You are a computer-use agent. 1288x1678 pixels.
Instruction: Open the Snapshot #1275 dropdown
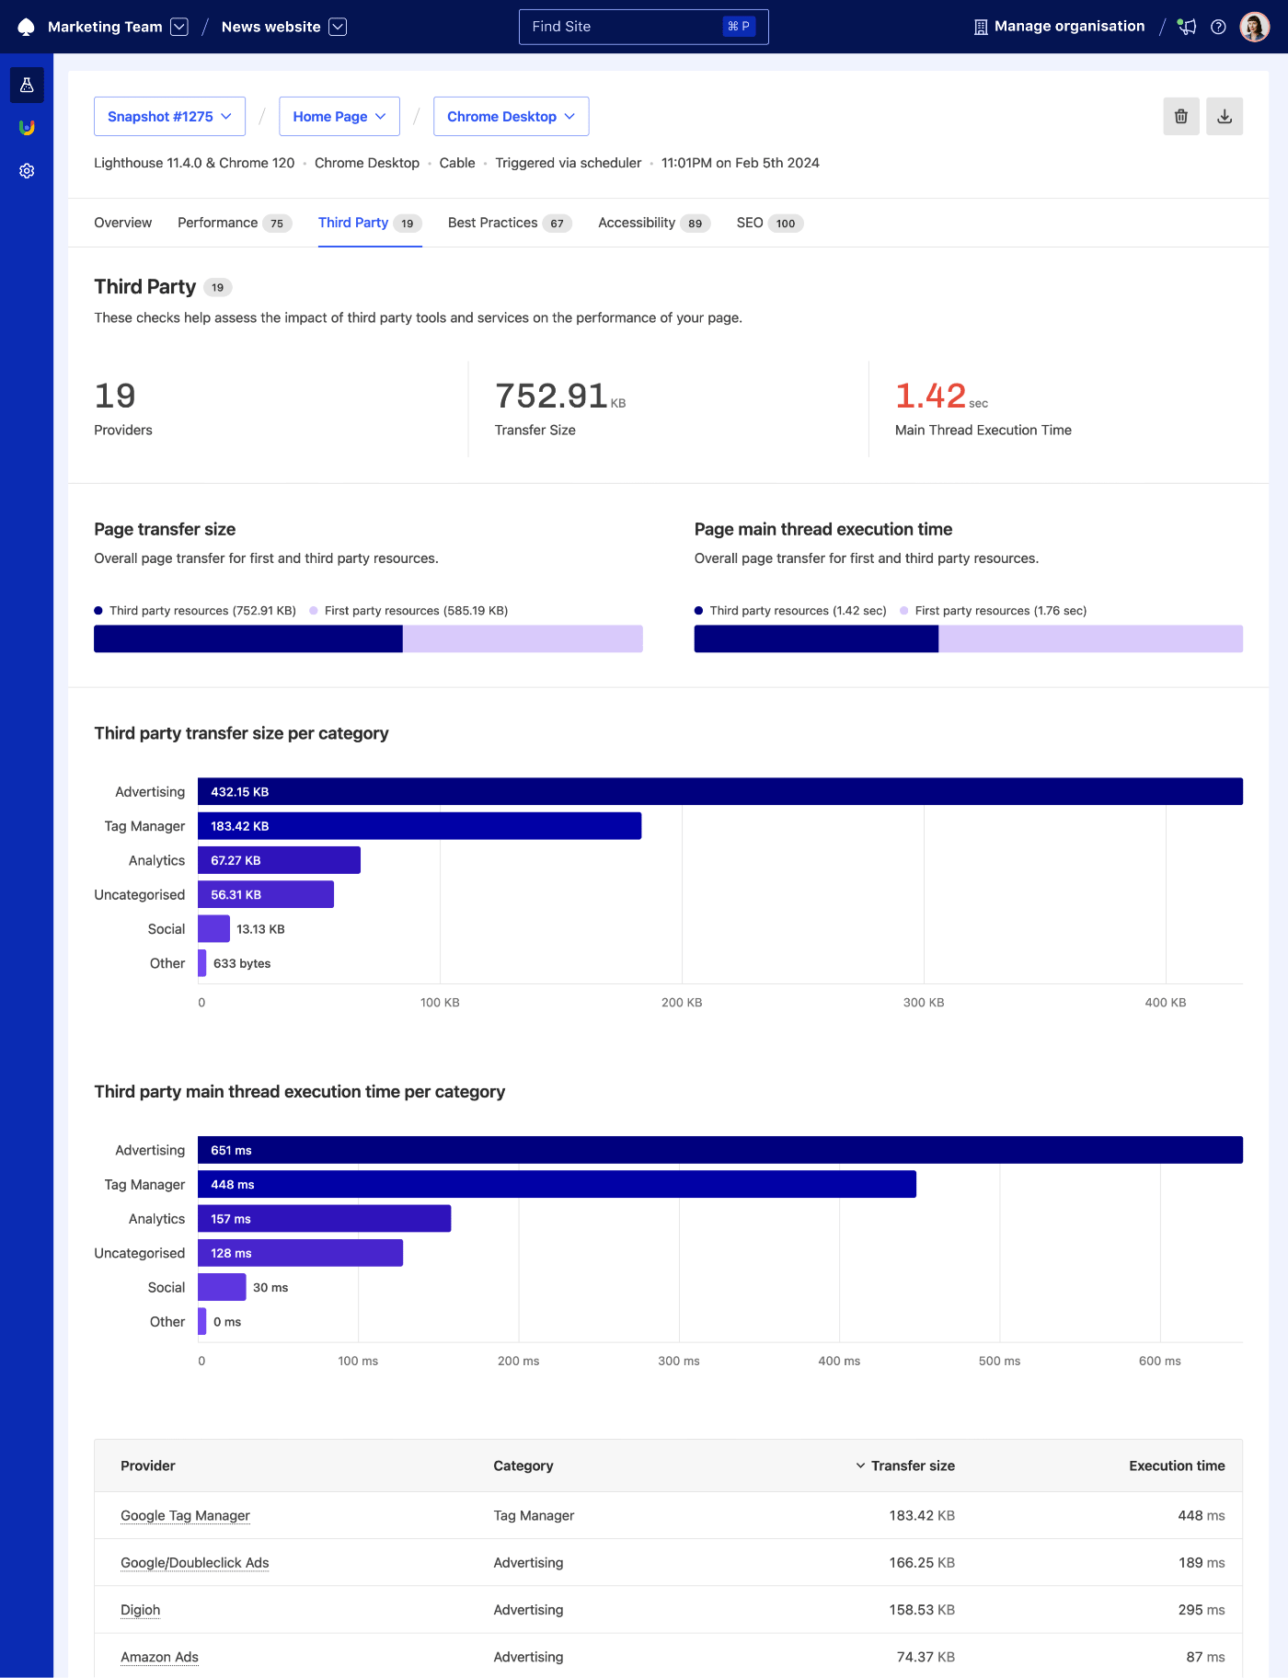click(x=169, y=117)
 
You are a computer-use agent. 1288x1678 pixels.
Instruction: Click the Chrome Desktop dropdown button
click(x=511, y=117)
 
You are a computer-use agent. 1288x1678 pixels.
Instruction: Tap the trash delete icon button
click(x=1180, y=117)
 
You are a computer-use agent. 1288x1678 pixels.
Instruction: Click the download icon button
click(x=1224, y=117)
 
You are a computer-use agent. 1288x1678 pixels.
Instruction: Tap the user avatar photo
click(x=1254, y=27)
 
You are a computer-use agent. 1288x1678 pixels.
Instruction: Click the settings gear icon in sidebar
click(x=27, y=171)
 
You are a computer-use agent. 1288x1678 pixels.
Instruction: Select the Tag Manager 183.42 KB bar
click(x=420, y=826)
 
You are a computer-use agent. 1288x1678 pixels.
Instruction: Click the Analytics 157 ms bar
click(x=324, y=1219)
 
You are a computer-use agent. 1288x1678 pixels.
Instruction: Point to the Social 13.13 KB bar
click(x=213, y=929)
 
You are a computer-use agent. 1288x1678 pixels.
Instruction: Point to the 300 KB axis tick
click(x=923, y=1003)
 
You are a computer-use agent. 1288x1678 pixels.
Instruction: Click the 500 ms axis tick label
click(x=999, y=1361)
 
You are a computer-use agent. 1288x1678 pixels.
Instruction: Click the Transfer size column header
click(x=912, y=1465)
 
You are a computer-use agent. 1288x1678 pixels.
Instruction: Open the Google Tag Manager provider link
click(x=185, y=1515)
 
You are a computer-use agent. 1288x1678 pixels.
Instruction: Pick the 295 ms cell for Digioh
click(x=1201, y=1610)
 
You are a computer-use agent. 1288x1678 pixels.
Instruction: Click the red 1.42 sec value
click(x=931, y=397)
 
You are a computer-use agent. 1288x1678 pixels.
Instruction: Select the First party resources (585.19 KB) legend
click(x=415, y=611)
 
